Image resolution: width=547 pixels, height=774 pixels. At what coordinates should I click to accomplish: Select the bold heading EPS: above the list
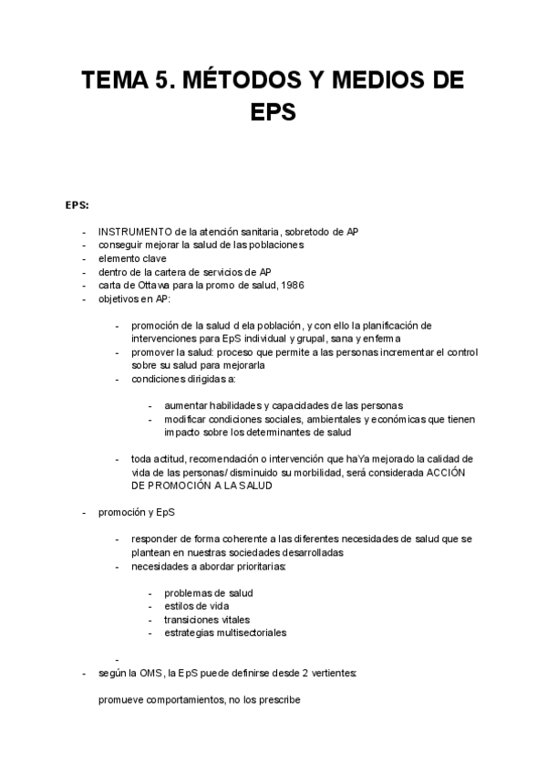click(77, 205)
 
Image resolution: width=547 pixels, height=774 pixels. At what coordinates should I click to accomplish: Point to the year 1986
click(293, 285)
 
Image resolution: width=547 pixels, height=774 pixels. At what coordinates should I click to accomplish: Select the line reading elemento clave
click(132, 258)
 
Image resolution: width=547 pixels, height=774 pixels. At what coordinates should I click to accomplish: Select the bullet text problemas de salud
click(209, 592)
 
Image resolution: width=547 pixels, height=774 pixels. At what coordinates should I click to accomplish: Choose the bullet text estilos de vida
click(196, 605)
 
